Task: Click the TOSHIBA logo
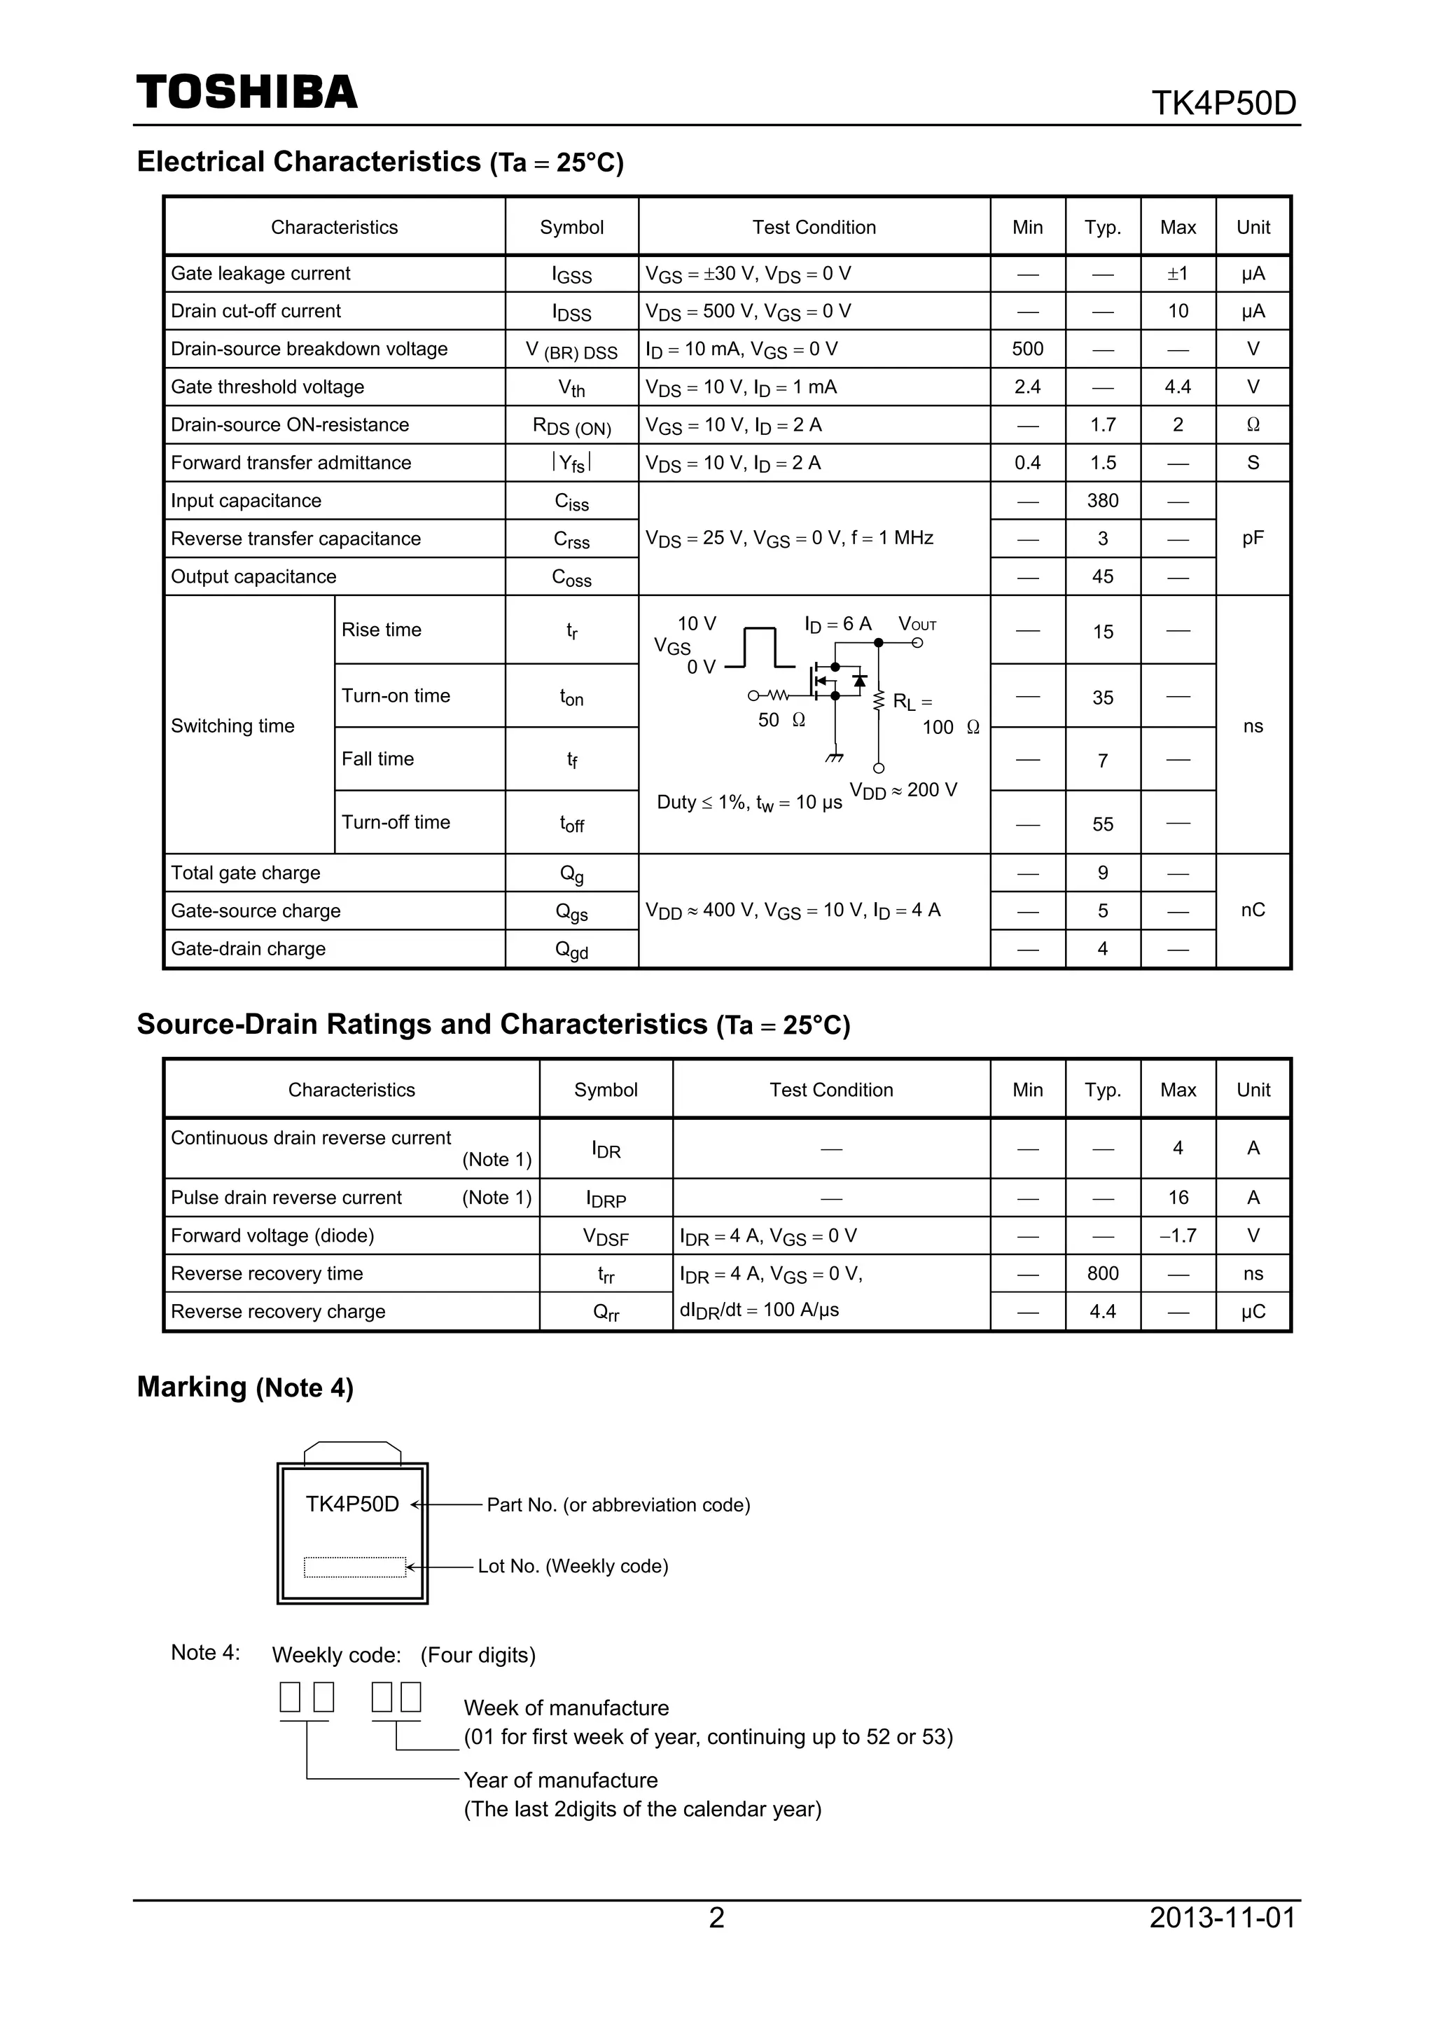click(246, 92)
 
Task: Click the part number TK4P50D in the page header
click(1223, 104)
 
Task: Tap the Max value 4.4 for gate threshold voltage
click(1177, 387)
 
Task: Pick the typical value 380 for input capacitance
click(1102, 501)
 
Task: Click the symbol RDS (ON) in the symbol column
click(571, 426)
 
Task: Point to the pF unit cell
click(1252, 538)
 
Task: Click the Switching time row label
click(232, 726)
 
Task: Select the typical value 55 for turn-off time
click(1102, 824)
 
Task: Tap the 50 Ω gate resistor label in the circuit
click(781, 720)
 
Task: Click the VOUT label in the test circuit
click(917, 624)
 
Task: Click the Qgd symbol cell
click(571, 950)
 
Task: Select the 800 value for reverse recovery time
click(1102, 1273)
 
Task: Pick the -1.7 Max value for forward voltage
click(1177, 1235)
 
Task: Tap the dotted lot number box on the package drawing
click(354, 1567)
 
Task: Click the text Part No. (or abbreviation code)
click(618, 1505)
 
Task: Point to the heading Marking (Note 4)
click(245, 1387)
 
